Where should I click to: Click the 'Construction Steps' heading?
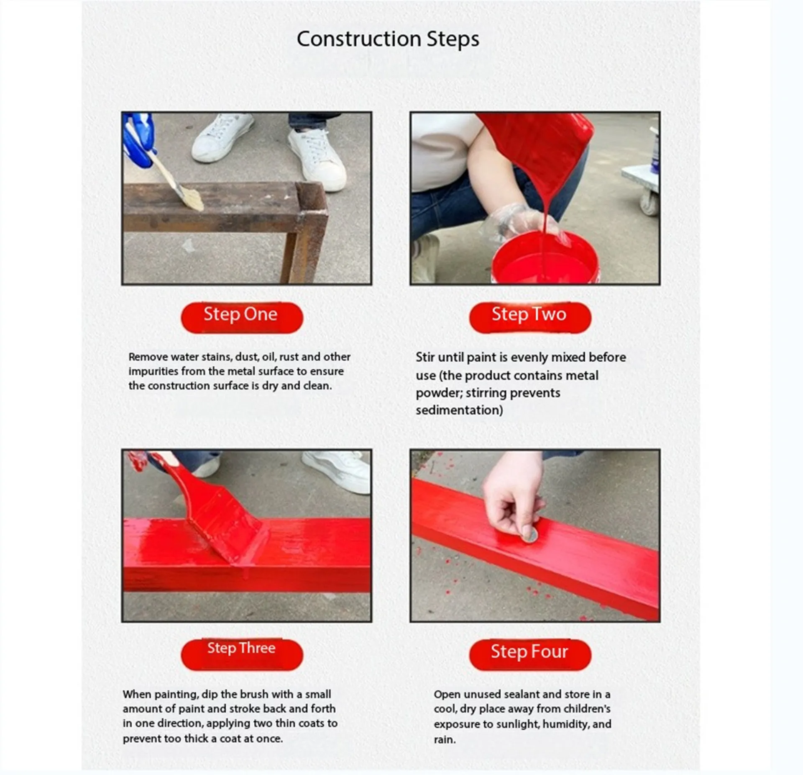388,39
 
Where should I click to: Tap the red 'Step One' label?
242,317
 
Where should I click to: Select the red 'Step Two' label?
530,317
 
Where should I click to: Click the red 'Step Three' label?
242,655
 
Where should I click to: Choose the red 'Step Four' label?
530,655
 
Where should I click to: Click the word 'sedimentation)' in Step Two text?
459,410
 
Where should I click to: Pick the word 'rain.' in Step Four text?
445,739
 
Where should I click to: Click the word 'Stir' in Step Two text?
425,357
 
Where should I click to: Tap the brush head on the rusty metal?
191,199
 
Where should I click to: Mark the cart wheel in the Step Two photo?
649,203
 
